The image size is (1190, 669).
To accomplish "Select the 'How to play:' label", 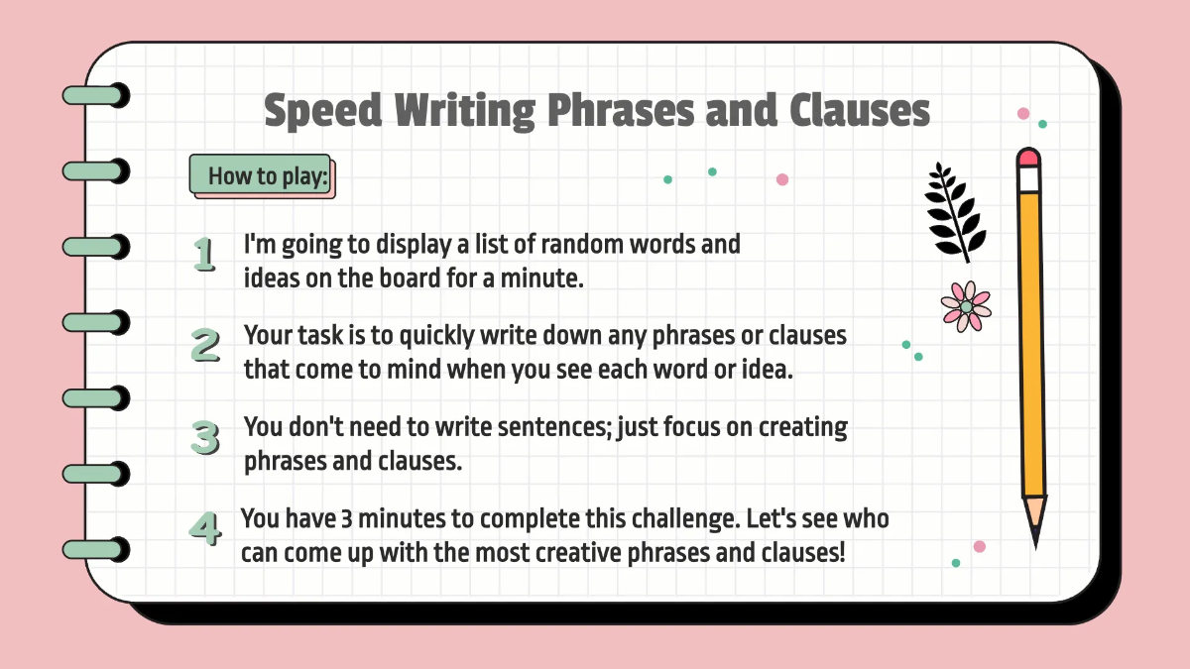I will [x=262, y=177].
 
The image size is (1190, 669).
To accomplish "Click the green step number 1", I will [x=204, y=255].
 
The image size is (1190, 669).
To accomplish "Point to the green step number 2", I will [x=205, y=345].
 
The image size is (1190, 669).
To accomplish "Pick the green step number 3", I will [x=205, y=437].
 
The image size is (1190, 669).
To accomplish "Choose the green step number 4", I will [x=204, y=527].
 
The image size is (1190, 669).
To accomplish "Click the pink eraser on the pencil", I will [x=1028, y=158].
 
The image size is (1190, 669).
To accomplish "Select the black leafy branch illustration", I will [x=955, y=211].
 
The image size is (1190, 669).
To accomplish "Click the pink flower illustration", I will [x=966, y=305].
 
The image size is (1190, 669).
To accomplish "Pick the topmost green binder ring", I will [x=96, y=95].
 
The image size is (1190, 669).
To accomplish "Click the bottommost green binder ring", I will [x=96, y=549].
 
